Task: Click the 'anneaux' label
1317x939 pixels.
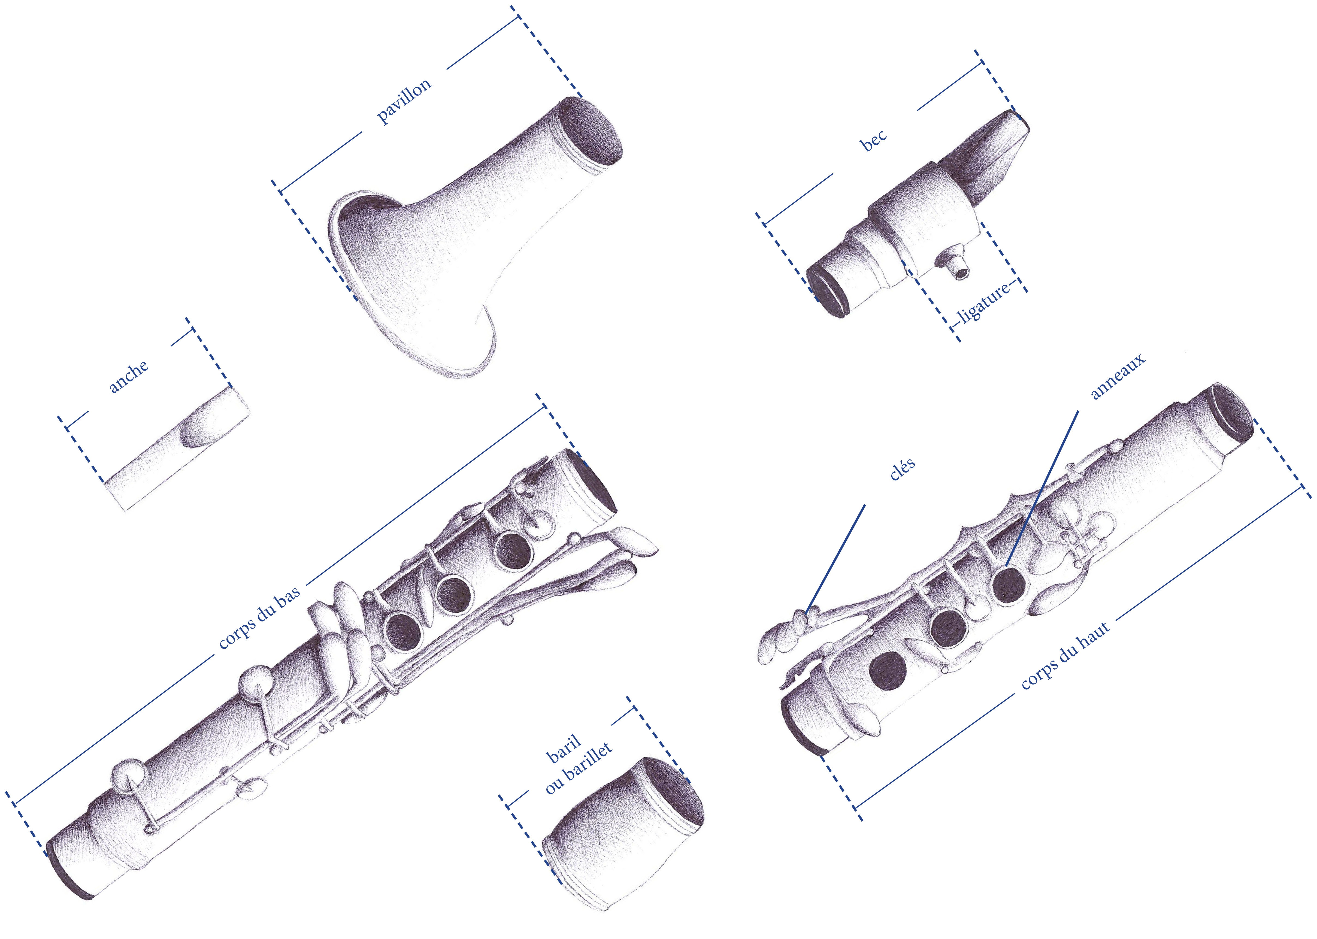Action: [x=1117, y=376]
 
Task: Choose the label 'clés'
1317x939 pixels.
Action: [x=902, y=468]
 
